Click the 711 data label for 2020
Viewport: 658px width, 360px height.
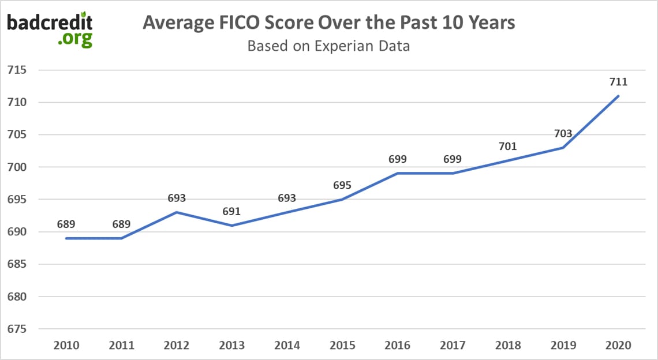[x=618, y=82]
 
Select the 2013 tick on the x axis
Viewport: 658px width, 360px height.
[x=232, y=346]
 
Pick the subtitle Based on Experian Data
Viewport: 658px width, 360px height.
[x=328, y=46]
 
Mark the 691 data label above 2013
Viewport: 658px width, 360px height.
[x=232, y=211]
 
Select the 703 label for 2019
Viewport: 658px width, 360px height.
[x=563, y=134]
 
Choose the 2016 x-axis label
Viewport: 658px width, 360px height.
[x=398, y=346]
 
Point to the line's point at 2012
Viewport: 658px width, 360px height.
[x=177, y=212]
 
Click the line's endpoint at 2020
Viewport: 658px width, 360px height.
[x=618, y=96]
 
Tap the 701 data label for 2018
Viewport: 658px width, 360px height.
[x=507, y=147]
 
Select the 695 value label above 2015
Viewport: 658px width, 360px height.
[x=342, y=186]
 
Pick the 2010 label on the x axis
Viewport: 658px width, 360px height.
[x=66, y=346]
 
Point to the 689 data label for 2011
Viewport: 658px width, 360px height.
[x=121, y=224]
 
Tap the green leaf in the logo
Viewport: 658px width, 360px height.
[x=84, y=14]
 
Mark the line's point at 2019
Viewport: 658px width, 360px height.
[x=563, y=148]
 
